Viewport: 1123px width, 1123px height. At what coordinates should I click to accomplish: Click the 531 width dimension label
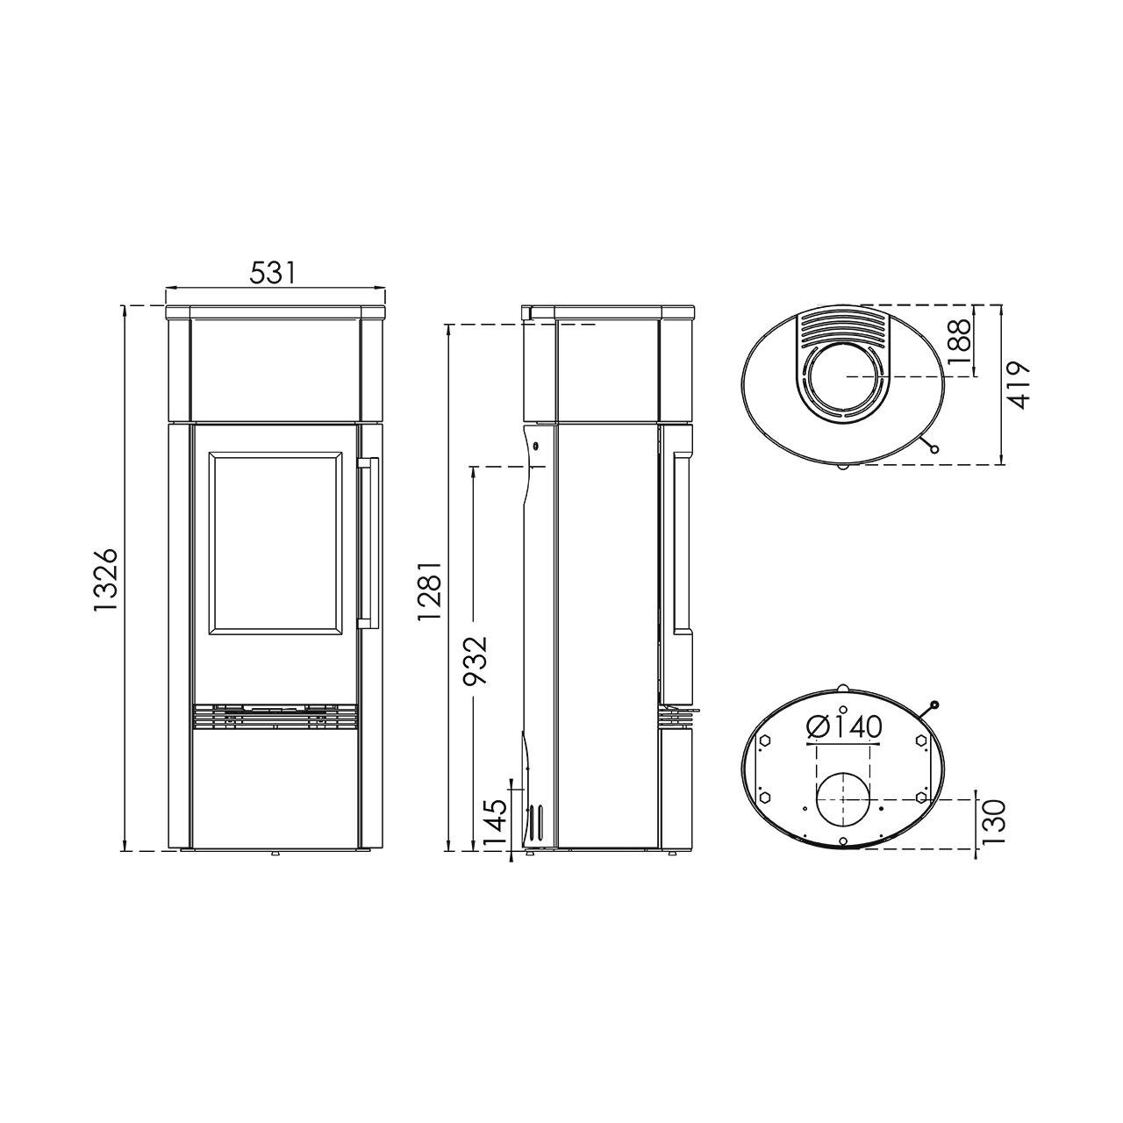[x=273, y=274]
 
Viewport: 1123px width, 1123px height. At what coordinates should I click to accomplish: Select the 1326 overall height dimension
[x=107, y=580]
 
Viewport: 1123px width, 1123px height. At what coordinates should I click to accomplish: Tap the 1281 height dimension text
[x=431, y=591]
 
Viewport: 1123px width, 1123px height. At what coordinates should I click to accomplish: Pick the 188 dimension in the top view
[x=961, y=342]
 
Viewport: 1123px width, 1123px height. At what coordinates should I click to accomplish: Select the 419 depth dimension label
[x=1018, y=385]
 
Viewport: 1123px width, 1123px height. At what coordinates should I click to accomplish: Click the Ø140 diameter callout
[x=844, y=726]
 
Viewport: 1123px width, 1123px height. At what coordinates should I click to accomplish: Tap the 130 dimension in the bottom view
[x=992, y=822]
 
